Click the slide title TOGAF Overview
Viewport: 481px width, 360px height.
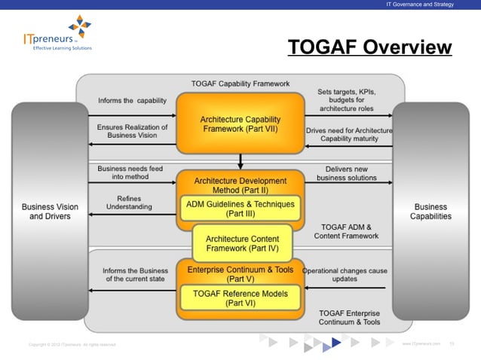369,47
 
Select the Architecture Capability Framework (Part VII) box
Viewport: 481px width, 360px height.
240,124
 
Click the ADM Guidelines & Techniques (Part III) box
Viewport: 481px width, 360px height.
240,208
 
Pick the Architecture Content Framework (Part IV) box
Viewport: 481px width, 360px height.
240,242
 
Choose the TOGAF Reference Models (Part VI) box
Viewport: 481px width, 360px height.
240,298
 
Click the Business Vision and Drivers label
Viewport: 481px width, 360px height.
49,212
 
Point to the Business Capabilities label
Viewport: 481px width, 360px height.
432,212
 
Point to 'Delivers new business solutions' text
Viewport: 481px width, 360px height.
346,174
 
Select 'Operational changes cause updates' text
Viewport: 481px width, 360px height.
345,274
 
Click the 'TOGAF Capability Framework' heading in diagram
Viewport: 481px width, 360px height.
240,84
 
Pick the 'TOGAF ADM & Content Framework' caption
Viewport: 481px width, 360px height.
346,231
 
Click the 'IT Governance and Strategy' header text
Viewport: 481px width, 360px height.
420,5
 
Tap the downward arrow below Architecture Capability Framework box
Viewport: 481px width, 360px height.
240,161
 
